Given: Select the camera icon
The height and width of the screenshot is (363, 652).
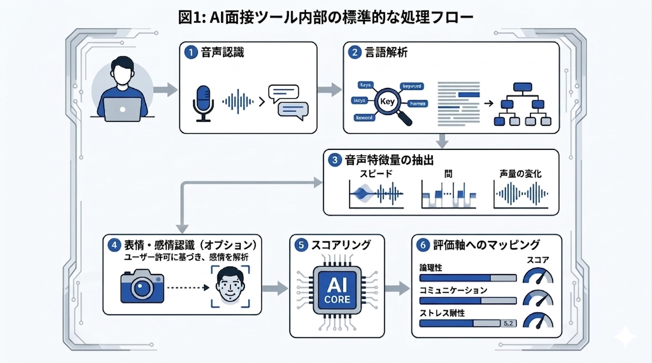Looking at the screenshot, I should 142,286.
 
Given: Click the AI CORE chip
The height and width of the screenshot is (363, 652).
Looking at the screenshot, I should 337,289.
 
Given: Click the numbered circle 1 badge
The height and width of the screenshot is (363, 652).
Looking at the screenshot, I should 190,53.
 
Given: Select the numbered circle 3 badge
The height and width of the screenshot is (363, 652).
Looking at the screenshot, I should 334,160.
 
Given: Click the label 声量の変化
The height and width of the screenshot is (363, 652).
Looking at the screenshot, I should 520,174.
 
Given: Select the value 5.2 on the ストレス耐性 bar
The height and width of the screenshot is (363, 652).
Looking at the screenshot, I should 508,323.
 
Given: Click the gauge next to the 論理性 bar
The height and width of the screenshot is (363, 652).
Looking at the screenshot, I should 538,276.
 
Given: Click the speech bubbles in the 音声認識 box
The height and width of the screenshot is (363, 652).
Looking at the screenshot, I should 288,101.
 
